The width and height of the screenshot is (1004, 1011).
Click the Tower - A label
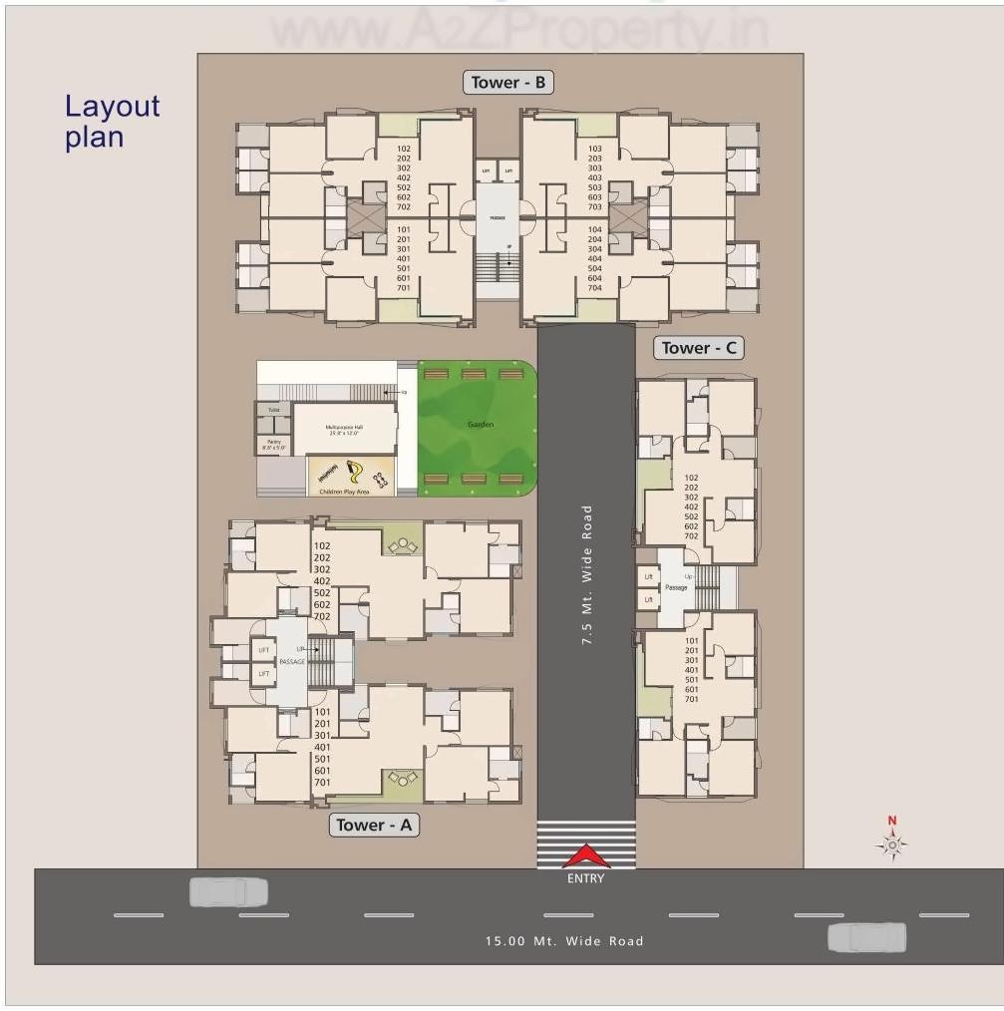click(374, 825)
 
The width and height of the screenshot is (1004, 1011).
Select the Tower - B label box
click(508, 83)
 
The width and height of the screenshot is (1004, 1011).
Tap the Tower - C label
click(700, 348)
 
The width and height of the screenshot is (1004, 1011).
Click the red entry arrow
click(586, 856)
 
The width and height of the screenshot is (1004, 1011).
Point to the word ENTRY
click(585, 878)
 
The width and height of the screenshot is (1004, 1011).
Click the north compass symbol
click(892, 844)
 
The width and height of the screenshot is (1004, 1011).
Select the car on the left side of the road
click(229, 891)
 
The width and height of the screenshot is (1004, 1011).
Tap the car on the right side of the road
click(867, 937)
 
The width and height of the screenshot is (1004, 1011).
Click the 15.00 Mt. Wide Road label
click(564, 940)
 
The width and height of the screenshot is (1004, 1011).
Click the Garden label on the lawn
click(481, 425)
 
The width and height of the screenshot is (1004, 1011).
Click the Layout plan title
click(112, 121)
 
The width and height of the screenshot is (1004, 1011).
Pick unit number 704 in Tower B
click(594, 288)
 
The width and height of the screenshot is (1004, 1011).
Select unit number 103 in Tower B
click(594, 149)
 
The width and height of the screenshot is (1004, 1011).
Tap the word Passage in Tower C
click(676, 587)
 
